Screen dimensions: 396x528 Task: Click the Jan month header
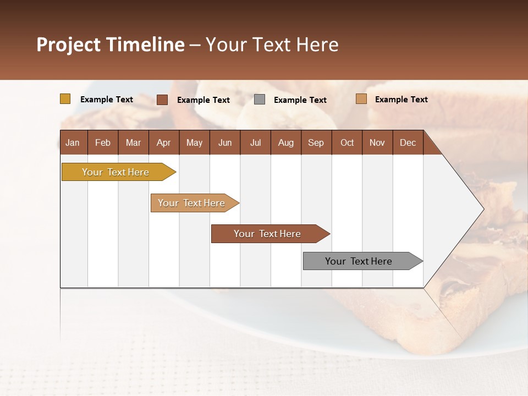click(x=73, y=142)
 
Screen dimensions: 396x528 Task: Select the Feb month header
click(x=103, y=142)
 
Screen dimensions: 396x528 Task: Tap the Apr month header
click(x=163, y=142)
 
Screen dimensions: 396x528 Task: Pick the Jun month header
click(x=225, y=142)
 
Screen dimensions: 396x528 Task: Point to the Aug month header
click(x=285, y=142)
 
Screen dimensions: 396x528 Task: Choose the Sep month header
click(x=316, y=142)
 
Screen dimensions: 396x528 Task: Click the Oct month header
click(x=347, y=142)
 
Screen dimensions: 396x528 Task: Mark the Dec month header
click(x=408, y=142)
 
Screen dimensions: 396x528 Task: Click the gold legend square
click(x=65, y=99)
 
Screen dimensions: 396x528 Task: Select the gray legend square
click(x=260, y=100)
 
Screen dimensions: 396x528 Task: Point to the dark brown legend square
click(x=162, y=100)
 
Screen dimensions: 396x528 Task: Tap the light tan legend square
click(x=361, y=99)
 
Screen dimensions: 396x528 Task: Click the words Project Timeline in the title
click(x=111, y=45)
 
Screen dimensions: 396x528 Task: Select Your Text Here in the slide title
click(x=272, y=45)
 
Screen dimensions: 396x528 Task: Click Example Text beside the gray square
click(x=300, y=100)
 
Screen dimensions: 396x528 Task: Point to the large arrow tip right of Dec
click(x=468, y=209)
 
